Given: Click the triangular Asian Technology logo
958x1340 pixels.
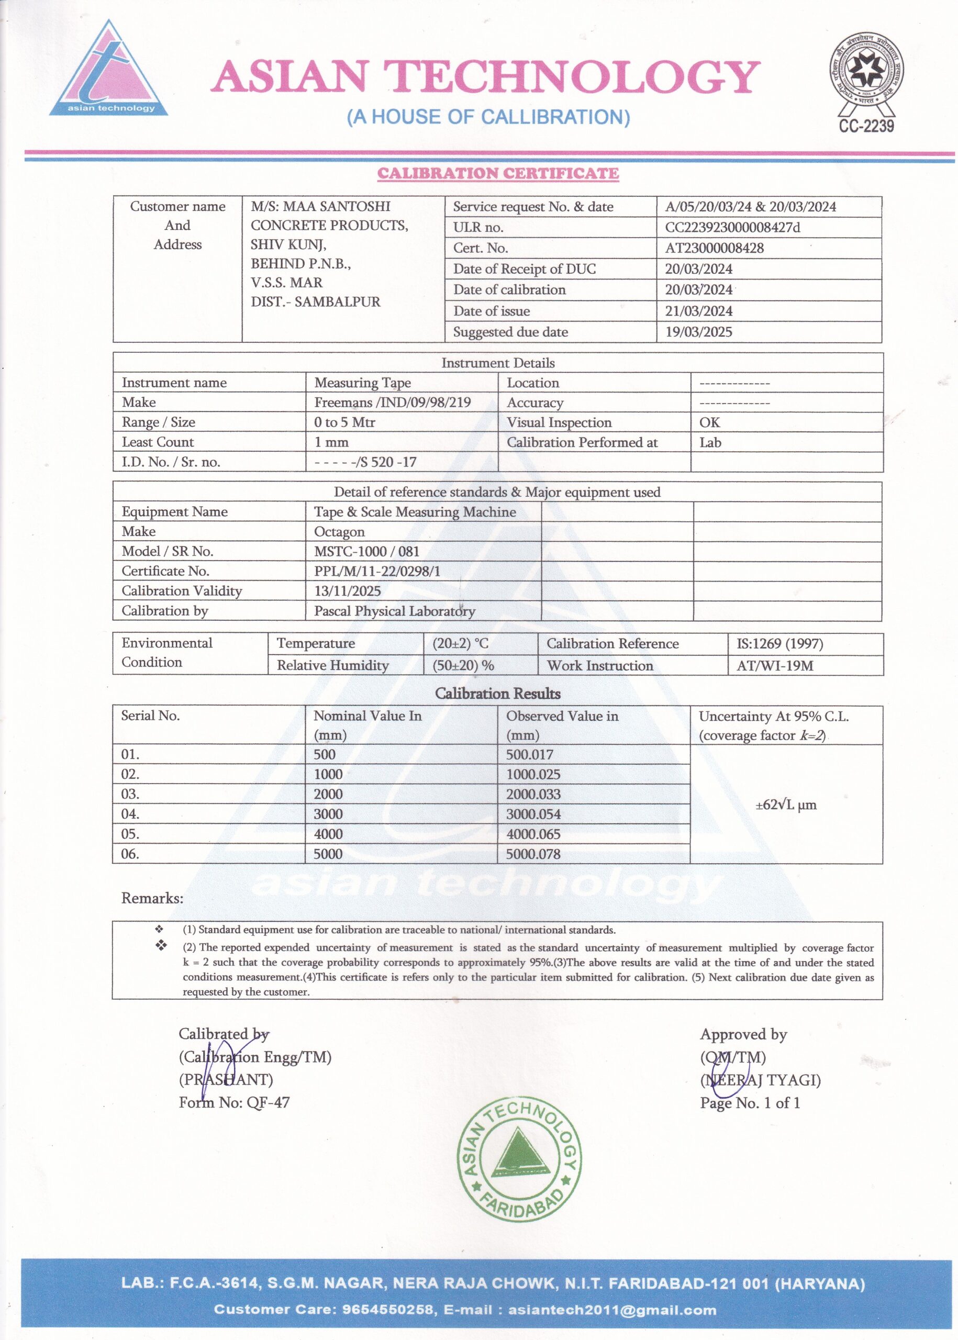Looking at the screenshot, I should (108, 71).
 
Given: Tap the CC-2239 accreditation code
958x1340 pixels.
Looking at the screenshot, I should (866, 126).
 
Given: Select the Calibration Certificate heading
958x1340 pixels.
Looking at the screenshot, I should (498, 173).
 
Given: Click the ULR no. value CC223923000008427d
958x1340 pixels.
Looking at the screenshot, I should (733, 228).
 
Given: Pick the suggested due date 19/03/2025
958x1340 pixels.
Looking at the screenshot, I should (698, 331).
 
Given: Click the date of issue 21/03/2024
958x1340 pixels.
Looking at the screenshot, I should (698, 311).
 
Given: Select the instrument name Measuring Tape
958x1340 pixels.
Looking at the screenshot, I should (362, 383).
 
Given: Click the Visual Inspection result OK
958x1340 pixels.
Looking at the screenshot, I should (710, 422).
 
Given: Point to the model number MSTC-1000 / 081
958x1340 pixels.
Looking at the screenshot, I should (366, 552).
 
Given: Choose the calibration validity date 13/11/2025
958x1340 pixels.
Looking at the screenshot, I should (348, 591).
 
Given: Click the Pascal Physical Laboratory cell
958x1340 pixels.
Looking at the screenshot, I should (394, 611).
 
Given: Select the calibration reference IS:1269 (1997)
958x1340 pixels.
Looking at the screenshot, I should (779, 643).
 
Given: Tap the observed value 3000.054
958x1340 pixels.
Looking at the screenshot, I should (533, 814).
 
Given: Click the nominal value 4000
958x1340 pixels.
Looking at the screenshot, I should (328, 834).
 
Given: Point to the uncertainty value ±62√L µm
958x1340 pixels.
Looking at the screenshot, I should (786, 805).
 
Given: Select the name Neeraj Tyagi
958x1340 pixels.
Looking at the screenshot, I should (761, 1080).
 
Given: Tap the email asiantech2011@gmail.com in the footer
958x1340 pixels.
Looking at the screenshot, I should (612, 1310).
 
